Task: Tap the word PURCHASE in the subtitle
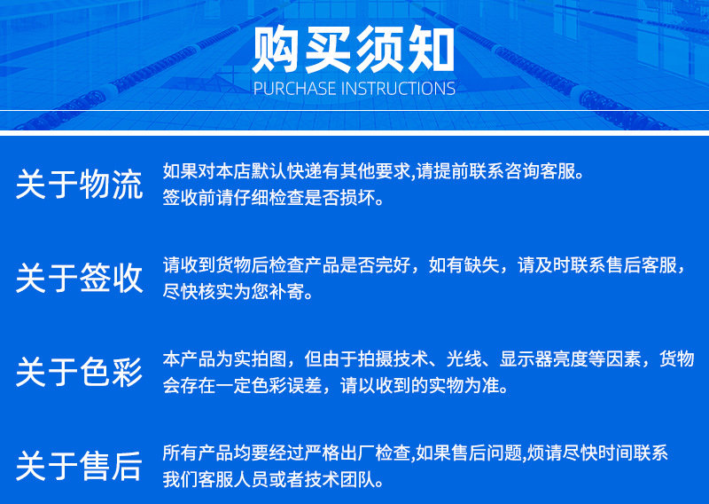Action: pyautogui.click(x=294, y=89)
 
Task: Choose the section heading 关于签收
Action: pyautogui.click(x=79, y=278)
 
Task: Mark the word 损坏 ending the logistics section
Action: pyautogui.click(x=366, y=197)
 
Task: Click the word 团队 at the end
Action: pyautogui.click(x=366, y=480)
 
